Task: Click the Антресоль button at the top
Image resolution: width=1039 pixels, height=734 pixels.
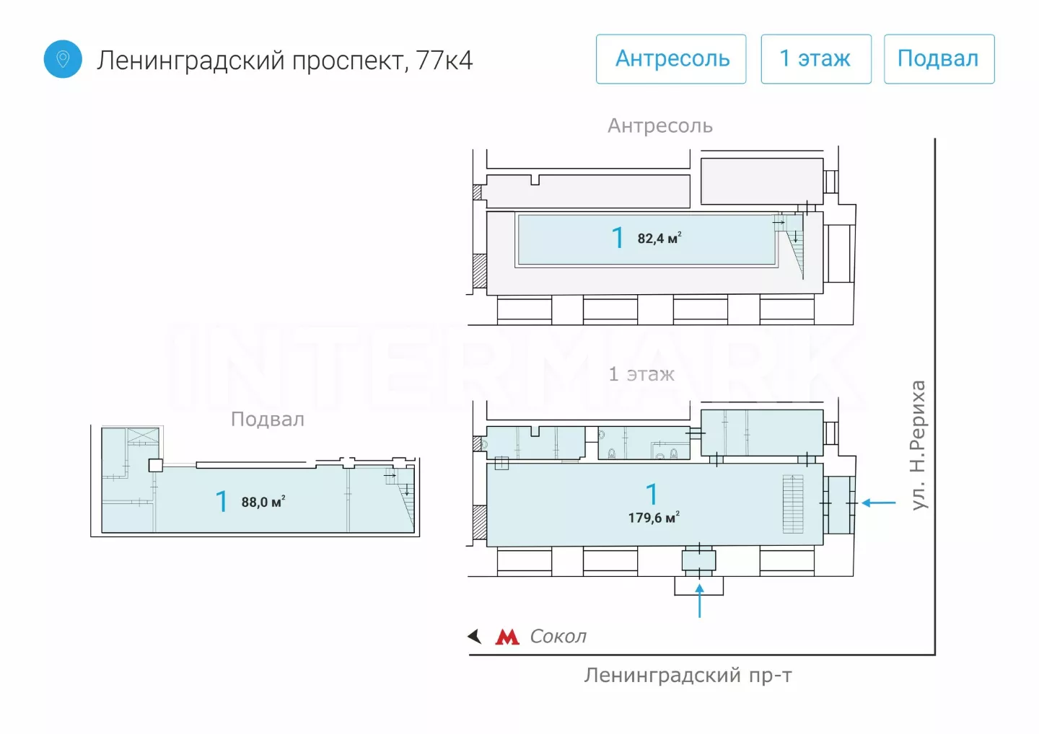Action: tap(671, 59)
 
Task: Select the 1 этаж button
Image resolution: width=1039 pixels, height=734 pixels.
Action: tap(815, 59)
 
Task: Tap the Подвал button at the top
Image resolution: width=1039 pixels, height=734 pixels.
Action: tap(939, 59)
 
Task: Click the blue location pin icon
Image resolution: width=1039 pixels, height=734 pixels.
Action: tap(63, 59)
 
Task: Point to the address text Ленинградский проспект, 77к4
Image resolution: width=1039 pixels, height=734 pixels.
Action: tap(285, 61)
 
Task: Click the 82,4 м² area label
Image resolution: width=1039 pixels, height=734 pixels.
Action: tap(659, 239)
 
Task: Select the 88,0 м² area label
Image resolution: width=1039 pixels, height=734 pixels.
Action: tap(263, 502)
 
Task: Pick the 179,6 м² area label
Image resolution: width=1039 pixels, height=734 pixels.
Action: tap(653, 518)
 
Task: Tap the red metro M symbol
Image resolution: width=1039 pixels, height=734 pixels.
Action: tap(507, 637)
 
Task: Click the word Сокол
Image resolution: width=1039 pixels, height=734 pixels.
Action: tap(558, 637)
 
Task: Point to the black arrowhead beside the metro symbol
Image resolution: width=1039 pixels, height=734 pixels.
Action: tap(475, 637)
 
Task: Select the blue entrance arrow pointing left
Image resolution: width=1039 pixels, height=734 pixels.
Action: tap(879, 503)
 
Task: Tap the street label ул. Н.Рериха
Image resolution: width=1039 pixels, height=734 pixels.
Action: tap(918, 445)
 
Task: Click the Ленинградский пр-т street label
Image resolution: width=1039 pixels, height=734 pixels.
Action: tap(688, 676)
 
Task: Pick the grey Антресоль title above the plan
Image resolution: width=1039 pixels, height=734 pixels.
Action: tap(659, 126)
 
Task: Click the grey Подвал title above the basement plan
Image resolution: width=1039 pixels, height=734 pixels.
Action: tap(268, 420)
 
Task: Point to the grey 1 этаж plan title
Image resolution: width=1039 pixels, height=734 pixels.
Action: tap(641, 374)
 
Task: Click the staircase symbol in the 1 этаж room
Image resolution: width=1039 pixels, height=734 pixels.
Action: tap(793, 504)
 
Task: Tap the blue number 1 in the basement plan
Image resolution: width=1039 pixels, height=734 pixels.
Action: tap(222, 501)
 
